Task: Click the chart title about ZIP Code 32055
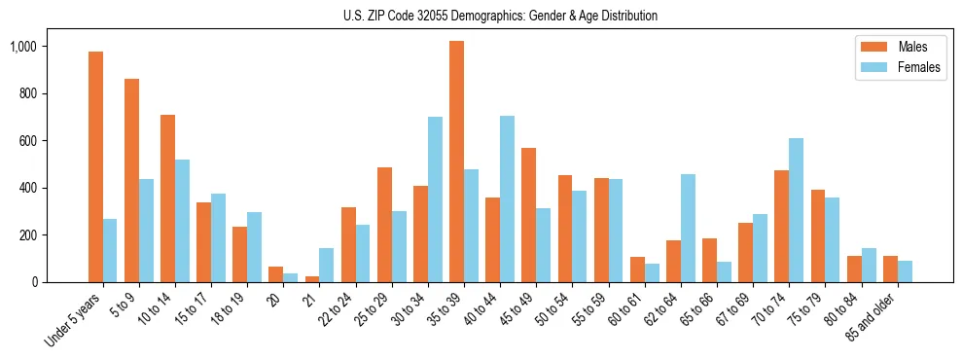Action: point(500,16)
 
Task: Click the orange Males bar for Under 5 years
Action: point(95,166)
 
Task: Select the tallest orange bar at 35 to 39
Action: point(456,162)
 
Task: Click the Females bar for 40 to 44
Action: point(507,198)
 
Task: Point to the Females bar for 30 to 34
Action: point(435,199)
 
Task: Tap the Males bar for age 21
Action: point(311,278)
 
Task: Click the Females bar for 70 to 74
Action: point(796,210)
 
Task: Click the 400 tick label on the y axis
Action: point(54,188)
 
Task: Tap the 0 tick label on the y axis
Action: point(60,282)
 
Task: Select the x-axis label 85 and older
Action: point(880,314)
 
